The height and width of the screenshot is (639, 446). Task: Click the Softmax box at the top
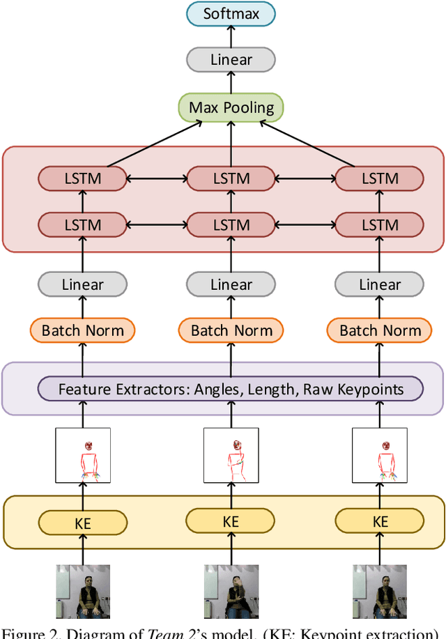pos(231,14)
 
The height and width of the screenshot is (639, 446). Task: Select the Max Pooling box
pos(231,107)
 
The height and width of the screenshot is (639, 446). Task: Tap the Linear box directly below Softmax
pos(231,60)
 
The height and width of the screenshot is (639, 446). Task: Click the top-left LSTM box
pos(83,178)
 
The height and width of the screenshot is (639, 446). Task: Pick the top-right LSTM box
pos(380,178)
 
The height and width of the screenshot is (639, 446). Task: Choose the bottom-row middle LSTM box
pos(231,224)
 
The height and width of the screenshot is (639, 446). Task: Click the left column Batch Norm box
pos(83,330)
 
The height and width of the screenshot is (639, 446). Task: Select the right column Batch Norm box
pos(380,330)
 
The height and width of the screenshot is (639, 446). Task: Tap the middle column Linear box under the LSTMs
pos(231,284)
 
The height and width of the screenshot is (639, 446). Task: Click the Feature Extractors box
pos(231,389)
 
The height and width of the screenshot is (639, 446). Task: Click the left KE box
pos(83,522)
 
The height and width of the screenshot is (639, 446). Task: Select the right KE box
pos(380,522)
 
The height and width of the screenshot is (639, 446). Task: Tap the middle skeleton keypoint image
pos(231,455)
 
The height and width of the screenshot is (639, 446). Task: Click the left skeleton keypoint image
pos(83,455)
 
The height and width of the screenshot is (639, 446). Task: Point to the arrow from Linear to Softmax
pos(231,38)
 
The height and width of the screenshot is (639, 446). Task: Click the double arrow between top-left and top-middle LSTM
pos(157,178)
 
